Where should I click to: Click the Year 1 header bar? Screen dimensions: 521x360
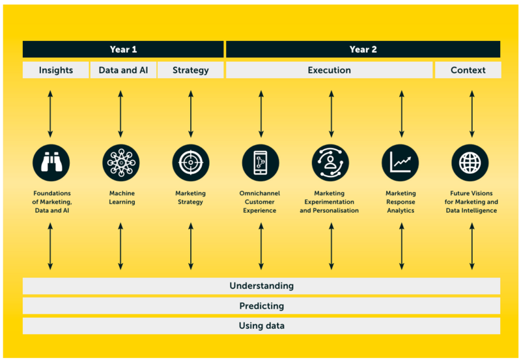pos(123,49)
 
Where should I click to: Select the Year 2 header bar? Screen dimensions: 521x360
pos(363,49)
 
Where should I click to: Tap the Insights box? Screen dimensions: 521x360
pos(56,70)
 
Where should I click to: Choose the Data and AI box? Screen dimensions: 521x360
pos(123,70)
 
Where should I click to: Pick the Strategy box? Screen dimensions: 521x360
pos(191,70)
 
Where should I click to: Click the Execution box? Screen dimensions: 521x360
pos(330,70)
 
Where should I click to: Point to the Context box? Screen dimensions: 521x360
pos(468,70)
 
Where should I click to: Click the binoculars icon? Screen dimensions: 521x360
pos(51,163)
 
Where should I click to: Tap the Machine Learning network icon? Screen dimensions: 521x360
pos(121,163)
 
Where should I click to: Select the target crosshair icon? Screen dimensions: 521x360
pos(191,163)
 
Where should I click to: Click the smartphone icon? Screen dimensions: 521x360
pos(260,163)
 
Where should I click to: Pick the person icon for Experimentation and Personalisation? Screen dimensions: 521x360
pos(330,163)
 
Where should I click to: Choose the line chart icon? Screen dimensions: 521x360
pos(400,163)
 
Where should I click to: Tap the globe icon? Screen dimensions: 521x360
pos(470,163)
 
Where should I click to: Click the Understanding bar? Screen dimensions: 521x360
pos(262,286)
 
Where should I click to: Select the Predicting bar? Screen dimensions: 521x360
pos(262,306)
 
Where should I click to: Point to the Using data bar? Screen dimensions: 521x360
pos(262,325)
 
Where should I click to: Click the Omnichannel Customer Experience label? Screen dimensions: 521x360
pos(259,202)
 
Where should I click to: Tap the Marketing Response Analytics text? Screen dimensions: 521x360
pos(401,202)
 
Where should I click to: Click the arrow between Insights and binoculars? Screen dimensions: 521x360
pos(50,114)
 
